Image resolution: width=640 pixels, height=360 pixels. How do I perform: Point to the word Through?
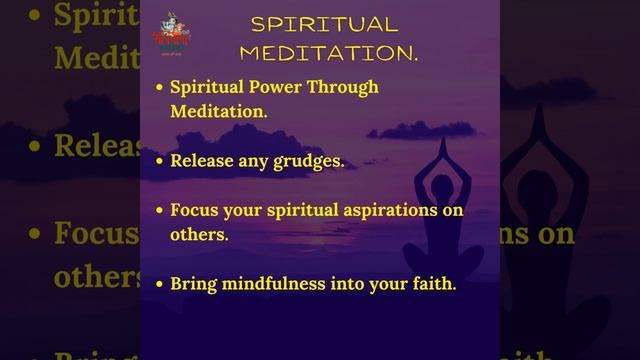click(x=346, y=87)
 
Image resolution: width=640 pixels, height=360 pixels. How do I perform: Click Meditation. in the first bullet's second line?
click(x=219, y=111)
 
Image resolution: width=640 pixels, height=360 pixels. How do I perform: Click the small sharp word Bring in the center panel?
click(x=193, y=284)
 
